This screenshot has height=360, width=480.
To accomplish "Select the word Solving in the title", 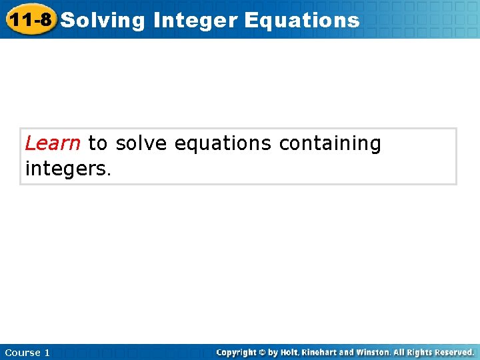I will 103,21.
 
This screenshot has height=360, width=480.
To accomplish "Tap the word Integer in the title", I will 195,21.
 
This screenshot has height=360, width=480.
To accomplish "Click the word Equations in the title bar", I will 302,21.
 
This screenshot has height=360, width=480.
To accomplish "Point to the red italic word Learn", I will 53,143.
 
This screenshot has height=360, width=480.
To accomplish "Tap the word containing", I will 330,144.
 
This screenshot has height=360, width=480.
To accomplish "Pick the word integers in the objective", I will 67,169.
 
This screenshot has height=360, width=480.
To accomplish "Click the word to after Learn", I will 97,143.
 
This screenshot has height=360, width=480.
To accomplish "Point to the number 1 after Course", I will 47,353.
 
